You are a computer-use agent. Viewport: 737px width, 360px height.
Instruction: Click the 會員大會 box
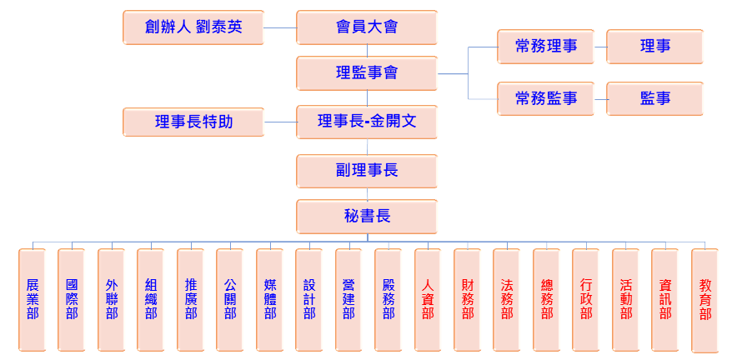coord(367,27)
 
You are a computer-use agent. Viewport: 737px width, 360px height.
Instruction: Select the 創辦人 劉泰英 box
coord(193,27)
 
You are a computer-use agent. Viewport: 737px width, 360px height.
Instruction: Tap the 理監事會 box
coord(367,73)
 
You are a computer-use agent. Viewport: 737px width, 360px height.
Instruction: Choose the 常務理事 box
coord(546,47)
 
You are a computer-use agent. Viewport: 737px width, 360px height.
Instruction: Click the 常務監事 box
coord(546,98)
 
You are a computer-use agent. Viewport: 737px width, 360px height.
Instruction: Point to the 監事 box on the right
coord(654,98)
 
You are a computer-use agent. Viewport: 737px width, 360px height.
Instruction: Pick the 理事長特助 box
coord(193,122)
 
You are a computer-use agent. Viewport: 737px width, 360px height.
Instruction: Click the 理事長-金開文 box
coord(367,122)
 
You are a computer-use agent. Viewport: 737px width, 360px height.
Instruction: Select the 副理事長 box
coord(367,171)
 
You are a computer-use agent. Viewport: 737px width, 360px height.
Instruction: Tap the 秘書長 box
coord(367,217)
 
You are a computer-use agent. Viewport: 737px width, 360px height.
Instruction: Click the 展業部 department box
coord(33,300)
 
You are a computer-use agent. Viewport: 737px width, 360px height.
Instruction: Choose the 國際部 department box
coord(72,300)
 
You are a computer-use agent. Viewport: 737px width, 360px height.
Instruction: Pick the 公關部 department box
coord(230,300)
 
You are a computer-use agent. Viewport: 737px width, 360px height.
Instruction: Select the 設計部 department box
coord(309,300)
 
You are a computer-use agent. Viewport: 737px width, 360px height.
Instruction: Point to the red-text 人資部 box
coord(428,300)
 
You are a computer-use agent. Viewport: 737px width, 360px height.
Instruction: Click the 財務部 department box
coord(468,300)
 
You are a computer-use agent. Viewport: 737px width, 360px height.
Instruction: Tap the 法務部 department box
coord(507,300)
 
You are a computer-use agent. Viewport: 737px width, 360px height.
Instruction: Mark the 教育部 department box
coord(704,300)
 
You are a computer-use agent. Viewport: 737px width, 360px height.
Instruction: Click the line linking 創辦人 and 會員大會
coord(280,27)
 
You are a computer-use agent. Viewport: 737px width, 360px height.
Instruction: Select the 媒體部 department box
coord(270,300)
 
